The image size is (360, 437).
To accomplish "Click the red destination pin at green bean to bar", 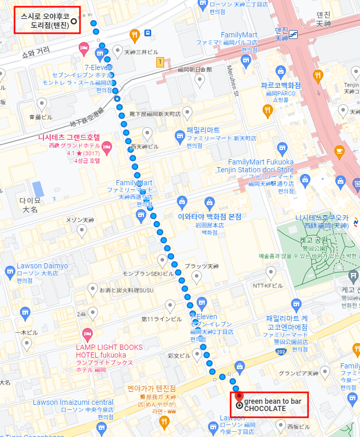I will click(x=239, y=398).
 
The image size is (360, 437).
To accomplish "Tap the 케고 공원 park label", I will click(x=314, y=240).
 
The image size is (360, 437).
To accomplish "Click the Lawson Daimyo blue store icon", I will click(x=9, y=271).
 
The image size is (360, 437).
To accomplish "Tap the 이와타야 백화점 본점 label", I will click(x=209, y=217).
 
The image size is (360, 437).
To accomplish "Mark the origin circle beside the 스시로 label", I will click(x=73, y=21).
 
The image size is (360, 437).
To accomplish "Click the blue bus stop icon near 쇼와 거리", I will click(x=148, y=34).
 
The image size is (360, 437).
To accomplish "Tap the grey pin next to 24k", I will click(x=92, y=312).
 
